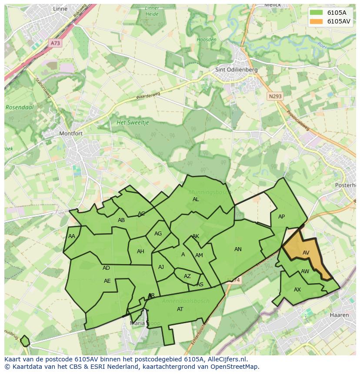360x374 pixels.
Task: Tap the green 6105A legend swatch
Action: click(316, 12)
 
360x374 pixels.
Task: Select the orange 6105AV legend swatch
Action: click(316, 21)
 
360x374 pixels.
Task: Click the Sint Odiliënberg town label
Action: click(237, 70)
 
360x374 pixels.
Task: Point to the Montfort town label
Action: click(71, 133)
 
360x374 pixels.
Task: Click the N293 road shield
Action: click(274, 96)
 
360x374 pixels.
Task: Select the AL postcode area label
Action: click(196, 199)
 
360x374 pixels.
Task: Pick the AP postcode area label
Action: click(281, 217)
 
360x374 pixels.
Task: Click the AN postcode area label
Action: click(238, 249)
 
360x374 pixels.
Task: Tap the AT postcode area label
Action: click(180, 309)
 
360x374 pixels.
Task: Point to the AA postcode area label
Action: click(72, 236)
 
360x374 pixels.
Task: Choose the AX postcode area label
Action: click(297, 290)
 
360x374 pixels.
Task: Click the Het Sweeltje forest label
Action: click(133, 122)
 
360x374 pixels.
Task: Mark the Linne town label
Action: click(60, 9)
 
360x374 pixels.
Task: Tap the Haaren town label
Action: click(339, 315)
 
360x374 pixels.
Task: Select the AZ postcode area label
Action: click(187, 276)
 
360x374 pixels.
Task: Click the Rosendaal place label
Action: click(20, 107)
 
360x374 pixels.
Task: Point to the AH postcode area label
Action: click(140, 252)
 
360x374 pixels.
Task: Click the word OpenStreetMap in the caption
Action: click(234, 367)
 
